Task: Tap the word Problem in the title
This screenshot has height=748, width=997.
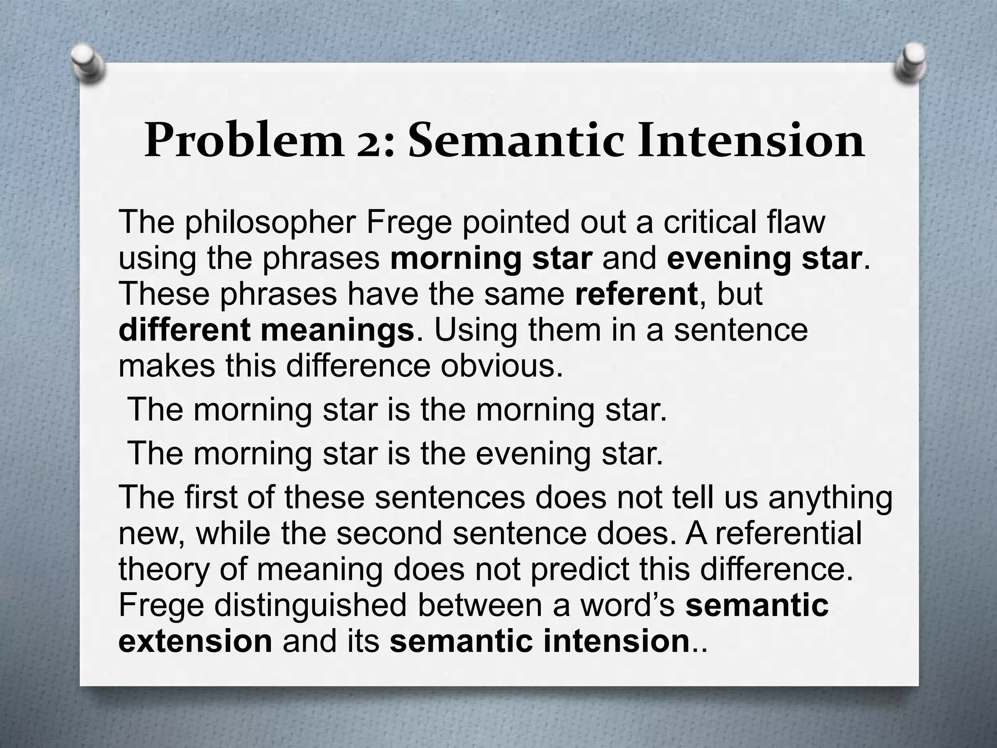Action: pyautogui.click(x=243, y=141)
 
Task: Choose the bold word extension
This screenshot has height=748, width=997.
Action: pyautogui.click(x=195, y=641)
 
